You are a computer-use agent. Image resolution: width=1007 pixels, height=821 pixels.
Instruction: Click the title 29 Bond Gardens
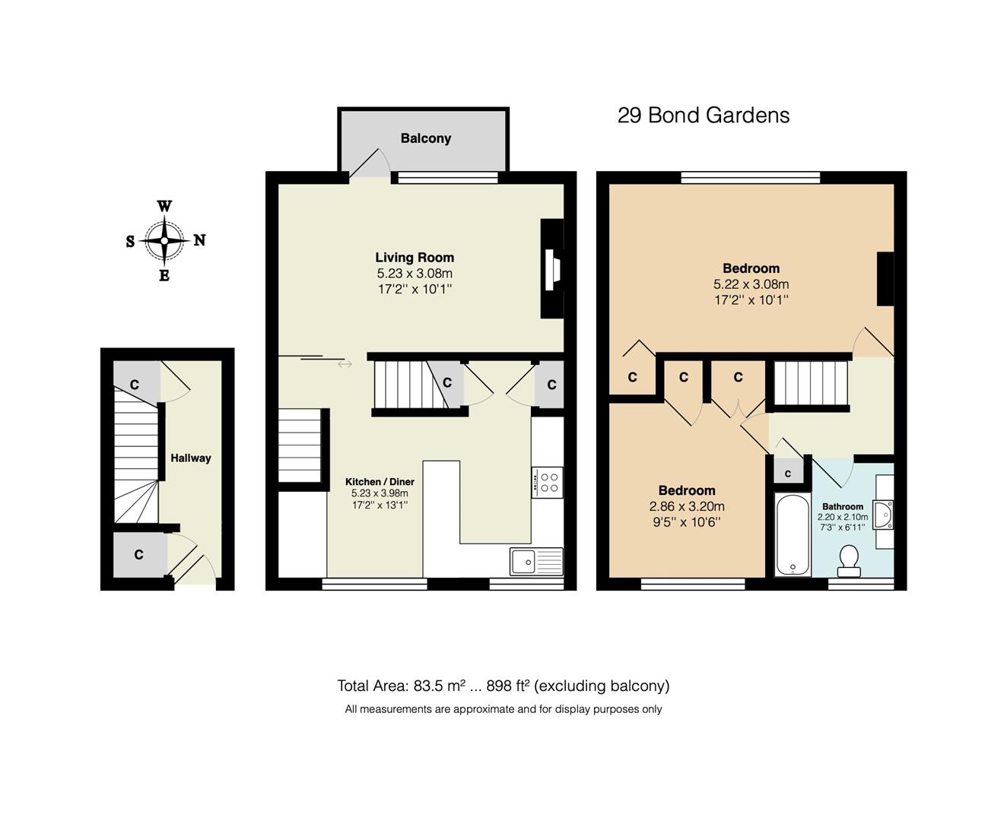(x=703, y=116)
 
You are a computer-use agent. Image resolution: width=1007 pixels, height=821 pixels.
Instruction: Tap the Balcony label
(x=426, y=138)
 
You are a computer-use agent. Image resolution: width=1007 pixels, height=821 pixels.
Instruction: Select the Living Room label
(x=415, y=258)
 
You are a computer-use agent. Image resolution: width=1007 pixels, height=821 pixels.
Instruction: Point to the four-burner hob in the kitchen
(x=548, y=482)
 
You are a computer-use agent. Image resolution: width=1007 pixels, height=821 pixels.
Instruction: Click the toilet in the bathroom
(x=848, y=559)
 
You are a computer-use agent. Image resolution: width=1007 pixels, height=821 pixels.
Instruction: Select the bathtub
(x=793, y=534)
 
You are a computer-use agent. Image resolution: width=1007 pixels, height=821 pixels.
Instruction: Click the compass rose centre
(x=164, y=240)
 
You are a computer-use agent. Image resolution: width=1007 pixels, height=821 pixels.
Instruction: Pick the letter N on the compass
(x=199, y=240)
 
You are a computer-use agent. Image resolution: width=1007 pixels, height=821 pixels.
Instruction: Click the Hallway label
(x=190, y=458)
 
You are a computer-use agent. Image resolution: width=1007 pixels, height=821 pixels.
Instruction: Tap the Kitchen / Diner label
(x=380, y=482)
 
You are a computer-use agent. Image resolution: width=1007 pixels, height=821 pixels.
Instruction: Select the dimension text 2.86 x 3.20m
(x=686, y=506)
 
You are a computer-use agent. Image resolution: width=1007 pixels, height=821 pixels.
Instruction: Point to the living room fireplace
(x=552, y=268)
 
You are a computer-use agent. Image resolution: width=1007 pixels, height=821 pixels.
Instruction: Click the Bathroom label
(x=842, y=506)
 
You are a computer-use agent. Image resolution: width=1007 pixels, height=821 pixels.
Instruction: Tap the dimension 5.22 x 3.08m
(x=751, y=284)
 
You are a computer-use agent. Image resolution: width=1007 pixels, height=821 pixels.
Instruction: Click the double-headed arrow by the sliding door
(x=345, y=364)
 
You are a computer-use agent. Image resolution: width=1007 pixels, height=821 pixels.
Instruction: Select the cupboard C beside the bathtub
(x=788, y=474)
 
